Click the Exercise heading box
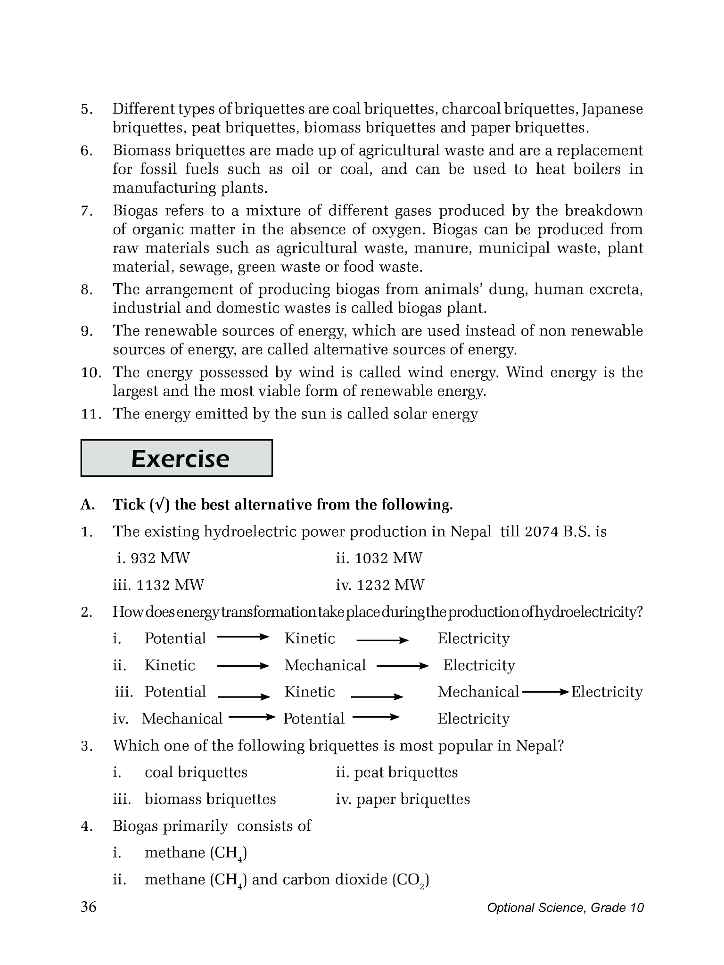click(x=176, y=458)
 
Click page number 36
click(x=89, y=907)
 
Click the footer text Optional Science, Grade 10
click(x=565, y=908)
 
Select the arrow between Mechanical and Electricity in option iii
click(x=545, y=692)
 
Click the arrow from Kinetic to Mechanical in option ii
click(x=242, y=666)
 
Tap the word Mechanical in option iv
click(x=182, y=719)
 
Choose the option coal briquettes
click(x=196, y=773)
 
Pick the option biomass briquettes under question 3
click(x=210, y=800)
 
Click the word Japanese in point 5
click(x=612, y=109)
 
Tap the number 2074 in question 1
click(x=542, y=532)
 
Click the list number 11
click(x=91, y=414)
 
